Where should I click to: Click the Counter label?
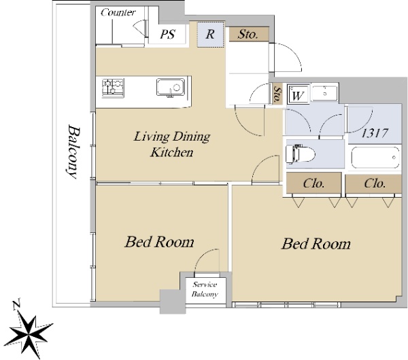[x=118, y=12]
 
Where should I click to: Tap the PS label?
[x=167, y=34]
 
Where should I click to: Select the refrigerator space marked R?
[x=210, y=35]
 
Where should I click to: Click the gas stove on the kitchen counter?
[x=113, y=88]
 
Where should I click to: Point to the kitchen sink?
[x=171, y=88]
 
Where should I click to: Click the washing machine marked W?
[x=298, y=93]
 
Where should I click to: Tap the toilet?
[x=300, y=154]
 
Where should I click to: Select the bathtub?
[x=375, y=158]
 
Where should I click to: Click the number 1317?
[x=375, y=133]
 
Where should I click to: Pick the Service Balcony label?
[x=205, y=289]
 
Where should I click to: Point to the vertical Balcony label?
[x=73, y=151]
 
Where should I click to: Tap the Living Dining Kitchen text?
[x=172, y=144]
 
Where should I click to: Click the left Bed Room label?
[x=159, y=242]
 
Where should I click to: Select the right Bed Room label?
[x=316, y=244]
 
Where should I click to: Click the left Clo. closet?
[x=313, y=183]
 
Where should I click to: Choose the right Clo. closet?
[x=373, y=183]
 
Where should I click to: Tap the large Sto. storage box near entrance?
[x=249, y=34]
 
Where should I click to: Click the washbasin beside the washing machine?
[x=324, y=93]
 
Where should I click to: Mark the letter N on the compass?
[x=17, y=304]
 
